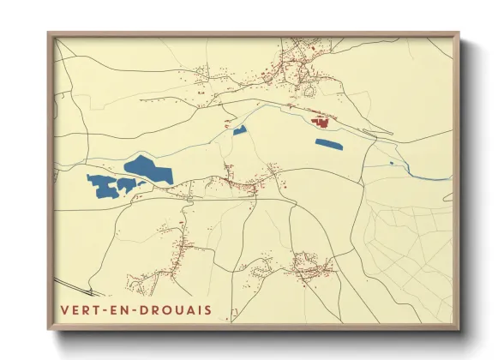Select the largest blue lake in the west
[x=148, y=169]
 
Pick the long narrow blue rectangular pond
[x=328, y=144]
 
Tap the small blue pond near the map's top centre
[x=240, y=130]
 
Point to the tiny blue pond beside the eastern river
[x=391, y=162]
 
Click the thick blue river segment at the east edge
[x=433, y=177]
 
